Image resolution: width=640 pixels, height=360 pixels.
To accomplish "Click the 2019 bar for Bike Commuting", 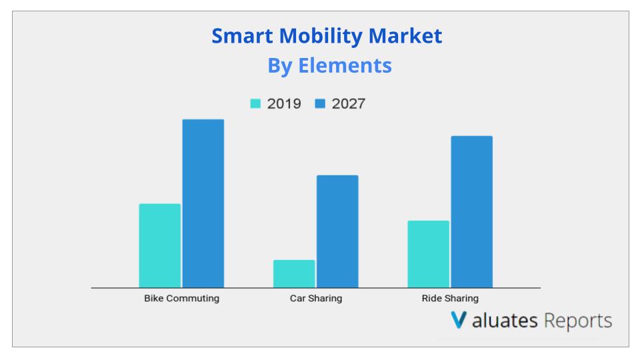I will tap(159, 245).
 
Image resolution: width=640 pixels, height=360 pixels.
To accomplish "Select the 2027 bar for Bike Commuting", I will tap(203, 203).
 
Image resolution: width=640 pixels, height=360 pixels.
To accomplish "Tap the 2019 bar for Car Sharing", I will tap(294, 273).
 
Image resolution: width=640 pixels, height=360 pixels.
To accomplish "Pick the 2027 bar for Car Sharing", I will tap(337, 231).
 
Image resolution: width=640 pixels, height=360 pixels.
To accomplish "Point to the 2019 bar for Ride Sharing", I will tap(428, 254).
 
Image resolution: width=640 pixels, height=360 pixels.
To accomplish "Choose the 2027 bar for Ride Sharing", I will tap(472, 212).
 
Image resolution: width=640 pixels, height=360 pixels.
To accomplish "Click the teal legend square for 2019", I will tap(255, 104).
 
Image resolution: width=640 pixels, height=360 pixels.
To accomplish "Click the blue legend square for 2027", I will tap(320, 104).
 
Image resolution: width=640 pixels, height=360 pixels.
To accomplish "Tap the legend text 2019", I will tap(284, 104).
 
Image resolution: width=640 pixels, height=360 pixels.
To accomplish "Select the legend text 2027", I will tap(348, 104).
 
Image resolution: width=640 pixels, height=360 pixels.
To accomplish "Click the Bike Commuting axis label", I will tap(181, 299).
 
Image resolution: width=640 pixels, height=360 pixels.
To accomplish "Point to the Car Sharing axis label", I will tap(316, 299).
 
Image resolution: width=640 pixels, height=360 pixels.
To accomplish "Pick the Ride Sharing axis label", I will tap(450, 299).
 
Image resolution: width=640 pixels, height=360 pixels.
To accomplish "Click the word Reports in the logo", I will tap(578, 321).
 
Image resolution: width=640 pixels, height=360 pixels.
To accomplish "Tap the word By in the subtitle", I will tap(280, 66).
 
